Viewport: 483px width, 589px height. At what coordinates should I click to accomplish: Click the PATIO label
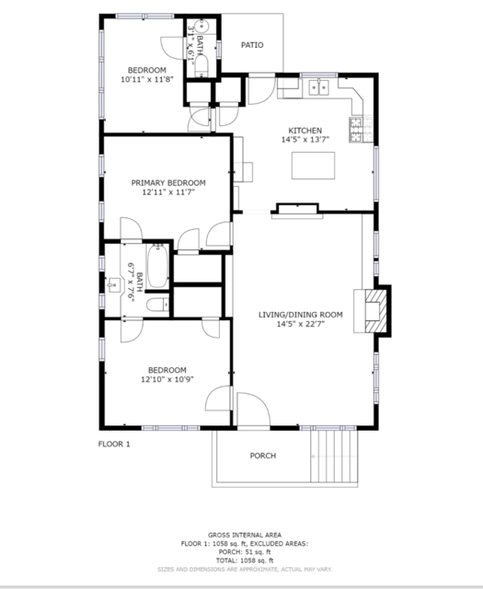252,44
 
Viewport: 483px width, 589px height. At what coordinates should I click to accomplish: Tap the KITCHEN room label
305,130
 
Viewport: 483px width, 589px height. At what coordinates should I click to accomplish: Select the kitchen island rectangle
318,166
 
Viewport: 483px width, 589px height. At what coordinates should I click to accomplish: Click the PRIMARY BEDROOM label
168,183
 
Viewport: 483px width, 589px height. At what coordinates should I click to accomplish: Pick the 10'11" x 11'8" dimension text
146,80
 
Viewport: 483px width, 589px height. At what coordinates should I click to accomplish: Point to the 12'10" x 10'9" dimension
167,379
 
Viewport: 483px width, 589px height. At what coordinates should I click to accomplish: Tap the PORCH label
263,456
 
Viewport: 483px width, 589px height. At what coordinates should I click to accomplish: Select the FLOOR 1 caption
114,445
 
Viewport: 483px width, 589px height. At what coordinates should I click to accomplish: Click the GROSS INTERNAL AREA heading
244,535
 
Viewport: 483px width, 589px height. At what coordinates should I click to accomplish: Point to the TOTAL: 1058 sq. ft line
244,560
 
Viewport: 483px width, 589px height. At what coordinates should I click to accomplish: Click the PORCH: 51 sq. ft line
244,551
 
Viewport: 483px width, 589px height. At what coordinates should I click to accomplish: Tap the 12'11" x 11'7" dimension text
168,193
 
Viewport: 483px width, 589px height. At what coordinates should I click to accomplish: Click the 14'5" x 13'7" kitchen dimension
305,140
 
